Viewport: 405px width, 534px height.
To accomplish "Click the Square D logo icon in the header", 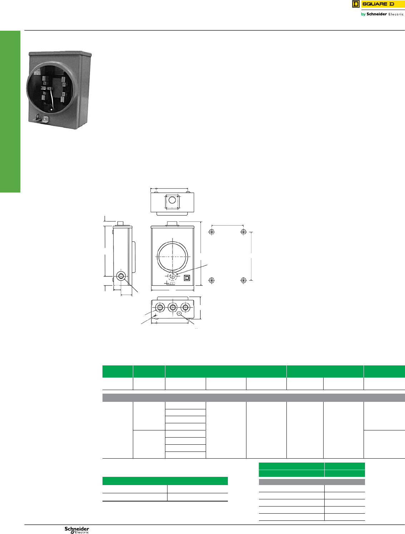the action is tap(356, 4).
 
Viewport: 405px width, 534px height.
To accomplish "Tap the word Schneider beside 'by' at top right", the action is tap(376, 14).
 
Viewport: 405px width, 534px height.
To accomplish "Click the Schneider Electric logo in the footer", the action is tap(77, 530).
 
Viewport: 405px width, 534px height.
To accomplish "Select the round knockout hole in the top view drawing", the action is tap(172, 200).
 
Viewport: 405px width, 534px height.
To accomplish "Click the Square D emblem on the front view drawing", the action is tap(187, 278).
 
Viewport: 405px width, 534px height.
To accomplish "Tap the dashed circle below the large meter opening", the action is tap(172, 276).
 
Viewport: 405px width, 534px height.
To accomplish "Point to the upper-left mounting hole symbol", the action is tap(212, 232).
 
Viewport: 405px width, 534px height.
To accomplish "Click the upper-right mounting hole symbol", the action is tap(243, 232).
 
